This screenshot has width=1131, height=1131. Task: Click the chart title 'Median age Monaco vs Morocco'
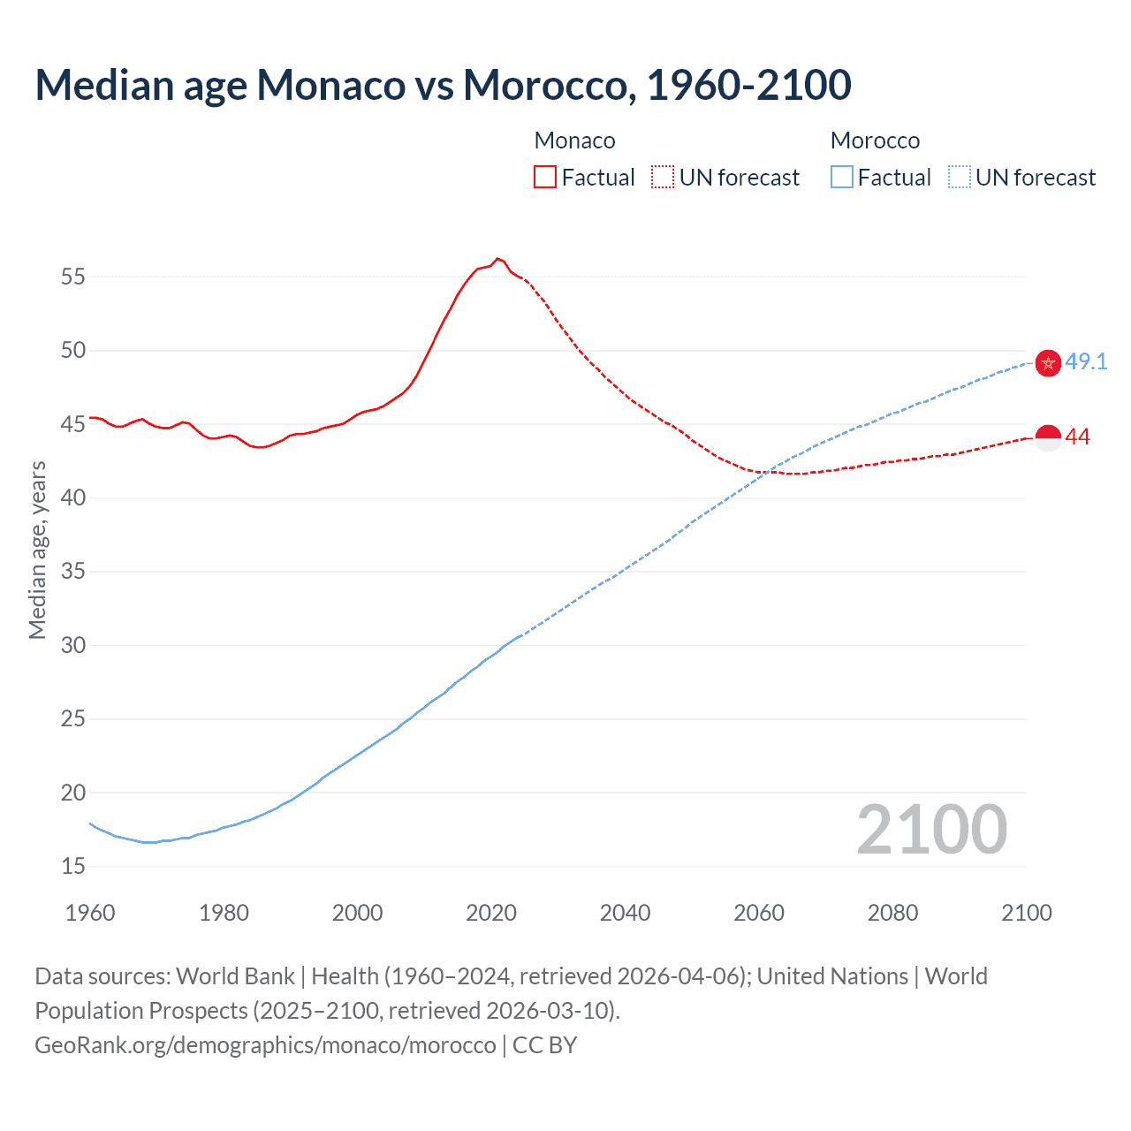(x=443, y=85)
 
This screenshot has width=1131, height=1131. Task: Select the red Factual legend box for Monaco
(x=545, y=177)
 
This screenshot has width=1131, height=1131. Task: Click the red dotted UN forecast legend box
(x=663, y=177)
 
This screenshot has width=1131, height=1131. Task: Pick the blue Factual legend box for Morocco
(x=842, y=177)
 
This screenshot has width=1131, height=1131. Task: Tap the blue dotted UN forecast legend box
(x=960, y=177)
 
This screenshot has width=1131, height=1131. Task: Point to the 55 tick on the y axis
(x=73, y=277)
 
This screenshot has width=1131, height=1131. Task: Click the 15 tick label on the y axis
(x=73, y=866)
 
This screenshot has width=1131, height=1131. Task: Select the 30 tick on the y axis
(x=73, y=645)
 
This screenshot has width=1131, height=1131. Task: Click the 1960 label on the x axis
(x=90, y=913)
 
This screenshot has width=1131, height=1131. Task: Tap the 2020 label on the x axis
(x=491, y=913)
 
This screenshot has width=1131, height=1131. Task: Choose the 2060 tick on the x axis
(x=759, y=913)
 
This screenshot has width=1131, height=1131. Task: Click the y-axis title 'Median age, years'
(x=37, y=550)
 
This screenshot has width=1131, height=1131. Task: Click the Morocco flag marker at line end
(x=1048, y=363)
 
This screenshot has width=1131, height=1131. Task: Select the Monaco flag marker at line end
(x=1048, y=437)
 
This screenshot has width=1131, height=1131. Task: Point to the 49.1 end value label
(x=1086, y=361)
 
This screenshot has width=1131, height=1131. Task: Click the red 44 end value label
(x=1078, y=437)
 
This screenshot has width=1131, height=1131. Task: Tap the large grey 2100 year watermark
(x=931, y=829)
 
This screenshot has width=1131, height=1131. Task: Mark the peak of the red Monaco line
(x=497, y=258)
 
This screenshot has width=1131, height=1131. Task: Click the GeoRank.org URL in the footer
(x=265, y=1045)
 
